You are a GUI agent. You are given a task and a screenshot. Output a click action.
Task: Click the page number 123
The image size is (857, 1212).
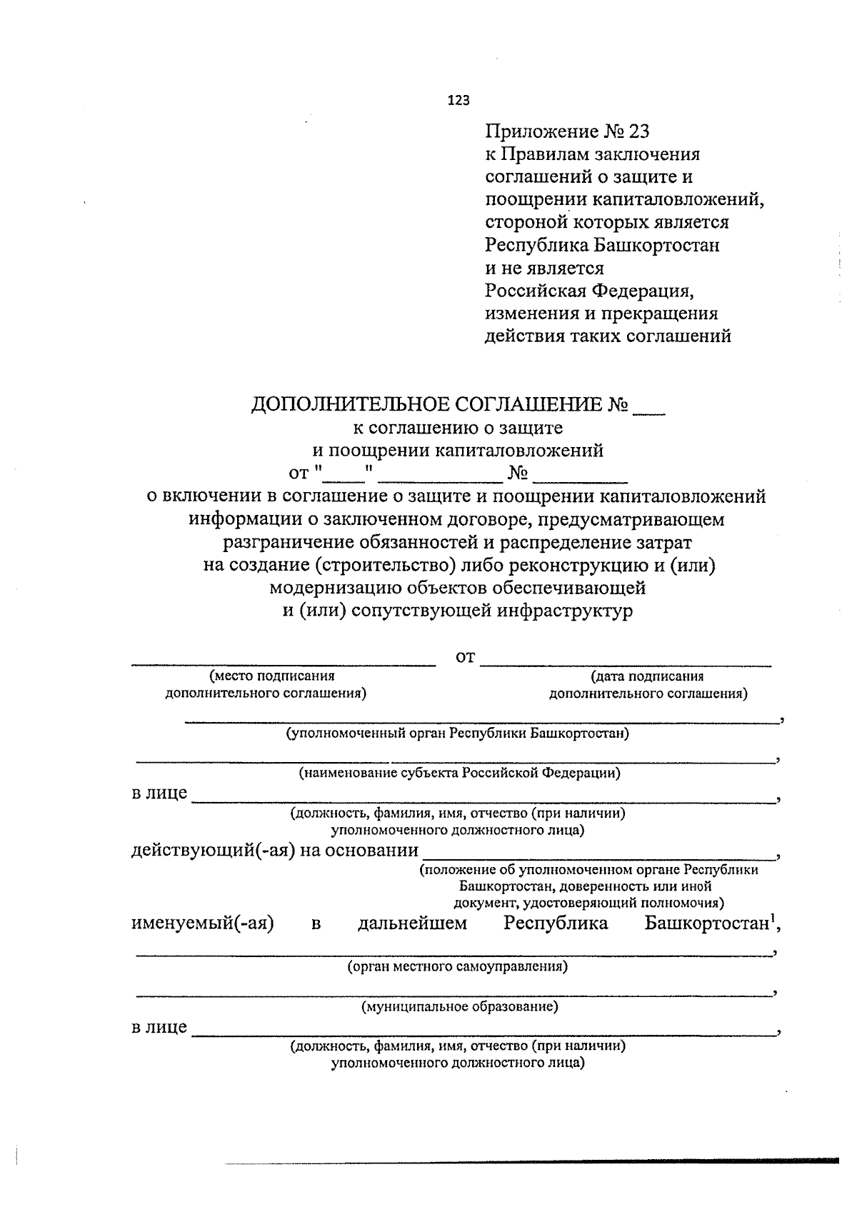pyautogui.click(x=458, y=101)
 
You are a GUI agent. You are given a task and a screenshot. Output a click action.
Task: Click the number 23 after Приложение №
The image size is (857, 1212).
pyautogui.click(x=640, y=132)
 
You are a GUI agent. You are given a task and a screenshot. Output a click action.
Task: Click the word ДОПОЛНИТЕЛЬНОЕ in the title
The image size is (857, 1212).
pyautogui.click(x=351, y=405)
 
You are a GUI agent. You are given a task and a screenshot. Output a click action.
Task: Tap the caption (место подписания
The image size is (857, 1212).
pyautogui.click(x=271, y=676)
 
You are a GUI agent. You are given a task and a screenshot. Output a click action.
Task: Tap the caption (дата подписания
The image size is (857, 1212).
pyautogui.click(x=647, y=676)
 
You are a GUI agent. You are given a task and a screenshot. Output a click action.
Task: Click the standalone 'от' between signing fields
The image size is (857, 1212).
pyautogui.click(x=465, y=657)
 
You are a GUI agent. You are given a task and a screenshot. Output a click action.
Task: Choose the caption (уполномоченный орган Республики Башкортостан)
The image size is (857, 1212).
pyautogui.click(x=457, y=733)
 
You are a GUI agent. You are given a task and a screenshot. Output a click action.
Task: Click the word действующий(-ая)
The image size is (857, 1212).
pyautogui.click(x=213, y=851)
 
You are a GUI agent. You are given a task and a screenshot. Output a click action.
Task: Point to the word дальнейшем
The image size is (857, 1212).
pyautogui.click(x=412, y=923)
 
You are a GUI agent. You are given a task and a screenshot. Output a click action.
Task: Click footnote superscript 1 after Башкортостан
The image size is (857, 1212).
pyautogui.click(x=772, y=917)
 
